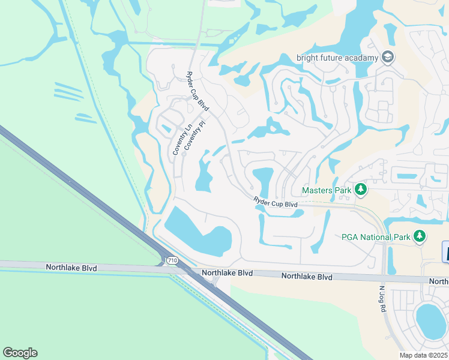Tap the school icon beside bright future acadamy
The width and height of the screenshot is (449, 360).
[x=387, y=58]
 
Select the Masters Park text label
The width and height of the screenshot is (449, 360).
[x=326, y=190]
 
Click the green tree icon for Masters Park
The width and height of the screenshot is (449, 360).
[x=360, y=190]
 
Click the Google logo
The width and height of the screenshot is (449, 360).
[x=20, y=353]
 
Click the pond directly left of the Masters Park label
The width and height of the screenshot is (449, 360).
[x=263, y=181]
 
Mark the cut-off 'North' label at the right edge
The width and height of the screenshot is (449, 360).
[x=439, y=281]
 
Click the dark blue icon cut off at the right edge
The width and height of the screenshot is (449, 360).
[x=445, y=251]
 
